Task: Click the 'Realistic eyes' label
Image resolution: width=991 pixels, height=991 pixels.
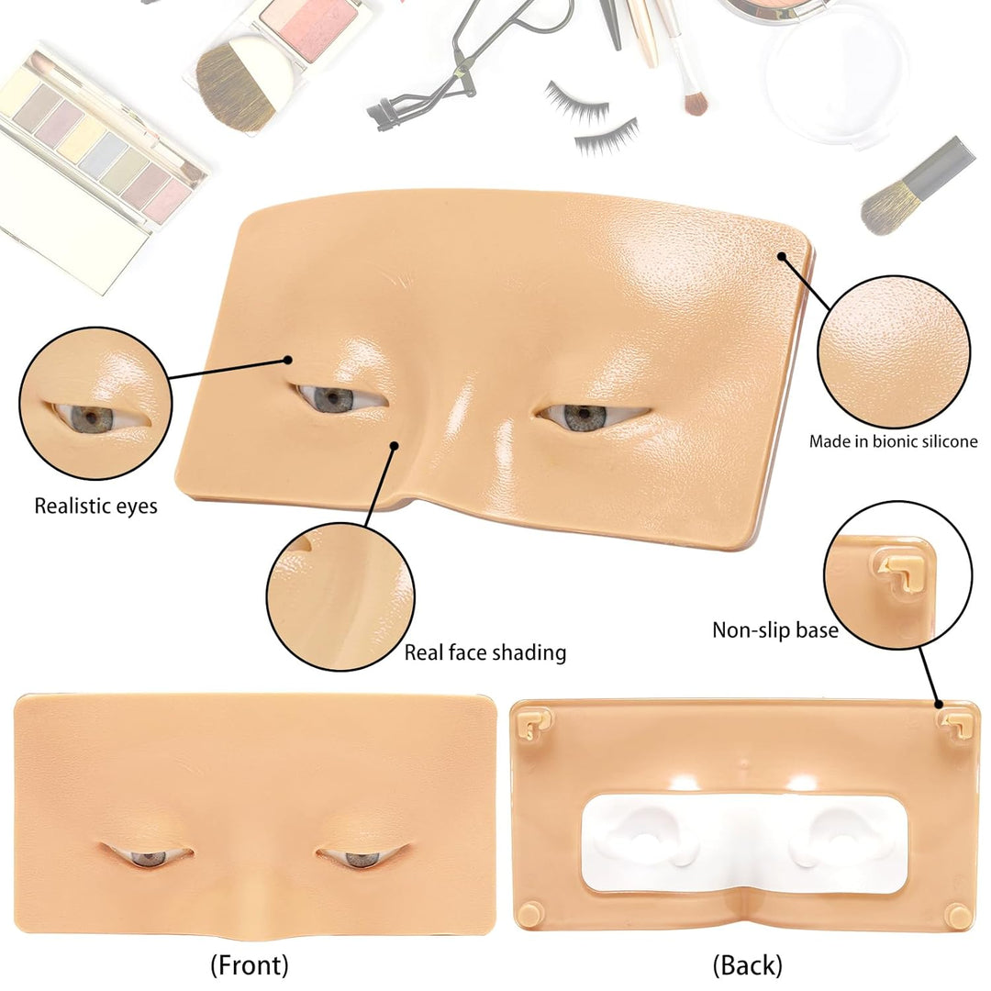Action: [x=95, y=506]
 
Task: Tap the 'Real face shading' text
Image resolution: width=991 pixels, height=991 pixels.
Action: [x=484, y=652]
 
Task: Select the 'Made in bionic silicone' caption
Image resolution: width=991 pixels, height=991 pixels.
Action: [x=893, y=441]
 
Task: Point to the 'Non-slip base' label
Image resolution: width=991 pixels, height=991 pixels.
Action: [x=774, y=630]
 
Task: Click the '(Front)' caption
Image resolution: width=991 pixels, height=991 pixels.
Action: [x=249, y=964]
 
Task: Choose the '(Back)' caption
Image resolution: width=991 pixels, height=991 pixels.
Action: [x=747, y=964]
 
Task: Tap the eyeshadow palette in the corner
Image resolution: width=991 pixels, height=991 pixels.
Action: [x=92, y=156]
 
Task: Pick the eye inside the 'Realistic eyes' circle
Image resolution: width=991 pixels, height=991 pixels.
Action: [x=92, y=418]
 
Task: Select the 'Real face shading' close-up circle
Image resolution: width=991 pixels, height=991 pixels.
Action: [x=340, y=596]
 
